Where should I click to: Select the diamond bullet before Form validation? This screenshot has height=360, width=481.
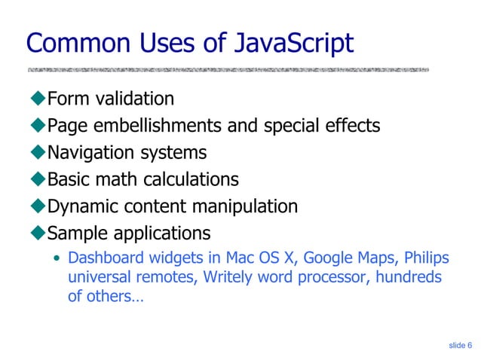pyautogui.click(x=38, y=99)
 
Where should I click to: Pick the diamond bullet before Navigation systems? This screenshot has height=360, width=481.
pyautogui.click(x=38, y=153)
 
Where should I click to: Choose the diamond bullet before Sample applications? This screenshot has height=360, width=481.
pyautogui.click(x=38, y=232)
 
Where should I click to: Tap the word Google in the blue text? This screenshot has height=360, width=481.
pyautogui.click(x=327, y=259)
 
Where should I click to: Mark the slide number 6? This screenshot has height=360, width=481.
pyautogui.click(x=470, y=345)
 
